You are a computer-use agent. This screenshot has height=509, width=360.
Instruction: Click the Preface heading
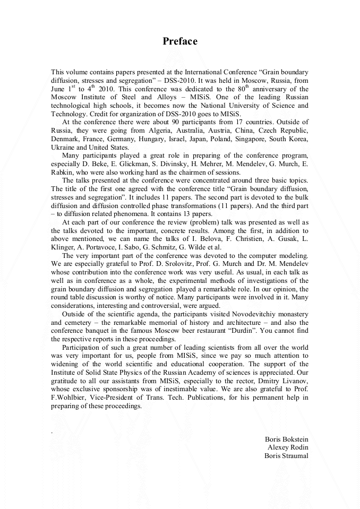click(x=180, y=41)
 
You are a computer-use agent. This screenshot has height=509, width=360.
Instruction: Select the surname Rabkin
click(x=64, y=172)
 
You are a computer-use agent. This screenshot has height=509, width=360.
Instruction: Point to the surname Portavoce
click(x=104, y=247)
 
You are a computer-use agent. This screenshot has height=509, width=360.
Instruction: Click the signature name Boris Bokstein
click(x=286, y=439)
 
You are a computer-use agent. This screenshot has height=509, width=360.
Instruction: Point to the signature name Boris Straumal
click(x=286, y=456)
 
